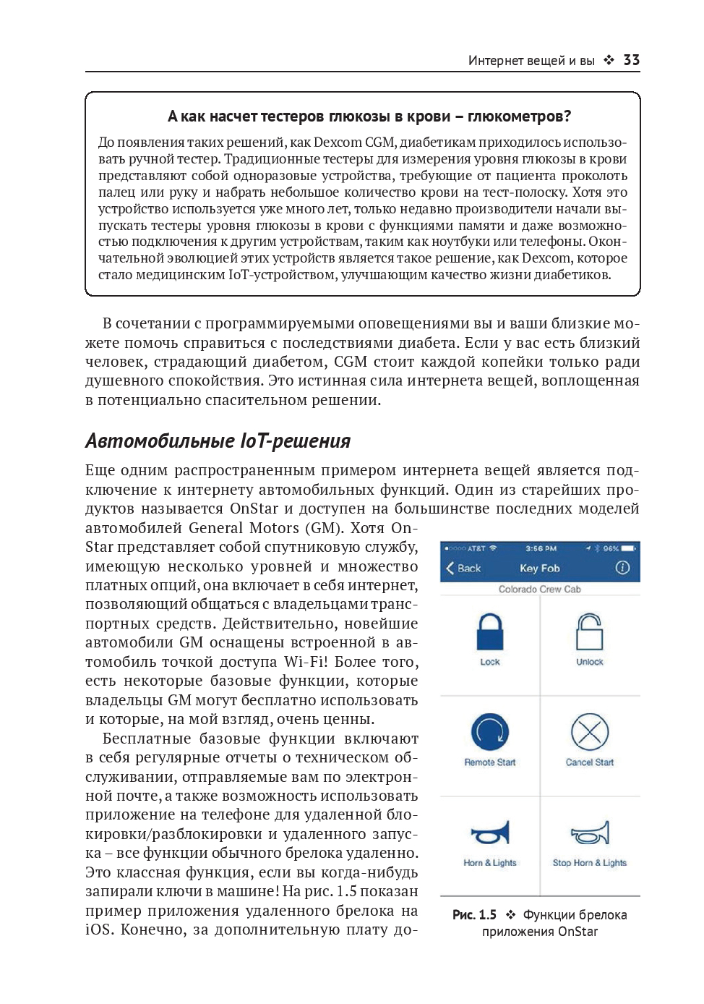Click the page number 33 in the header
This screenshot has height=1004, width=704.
631,60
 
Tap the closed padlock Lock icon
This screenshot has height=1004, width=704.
490,633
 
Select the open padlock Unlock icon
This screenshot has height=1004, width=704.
589,633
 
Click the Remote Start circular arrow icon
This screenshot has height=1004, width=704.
490,732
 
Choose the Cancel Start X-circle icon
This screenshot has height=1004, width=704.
590,732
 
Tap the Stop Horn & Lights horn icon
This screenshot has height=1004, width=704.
590,833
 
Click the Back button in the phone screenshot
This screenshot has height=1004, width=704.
463,569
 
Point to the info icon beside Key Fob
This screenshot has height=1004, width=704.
622,569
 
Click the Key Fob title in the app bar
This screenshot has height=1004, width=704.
540,569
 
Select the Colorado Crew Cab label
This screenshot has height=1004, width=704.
540,589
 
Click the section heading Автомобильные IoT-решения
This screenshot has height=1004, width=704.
218,441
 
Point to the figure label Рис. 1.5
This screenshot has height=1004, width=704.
474,915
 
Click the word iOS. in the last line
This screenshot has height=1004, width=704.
98,929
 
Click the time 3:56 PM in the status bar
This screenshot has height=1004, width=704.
541,548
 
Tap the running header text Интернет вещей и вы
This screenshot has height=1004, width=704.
531,61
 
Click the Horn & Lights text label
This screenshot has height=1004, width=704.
490,862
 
